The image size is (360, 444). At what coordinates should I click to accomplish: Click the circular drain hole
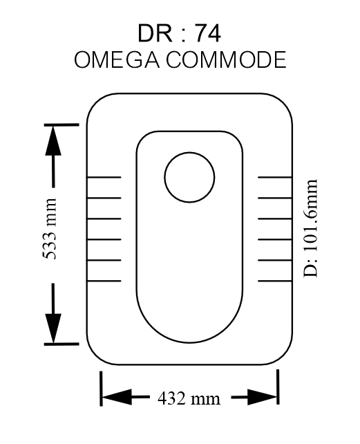tap(189, 153)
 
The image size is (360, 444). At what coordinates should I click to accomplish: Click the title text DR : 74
tap(179, 33)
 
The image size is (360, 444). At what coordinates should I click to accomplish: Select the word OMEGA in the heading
tap(116, 59)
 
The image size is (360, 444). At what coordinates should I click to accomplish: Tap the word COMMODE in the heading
tap(226, 59)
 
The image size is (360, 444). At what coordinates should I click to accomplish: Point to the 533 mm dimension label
tap(50, 229)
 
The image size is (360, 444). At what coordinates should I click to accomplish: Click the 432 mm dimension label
tap(189, 398)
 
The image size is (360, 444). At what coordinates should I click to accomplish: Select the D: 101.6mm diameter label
tap(310, 228)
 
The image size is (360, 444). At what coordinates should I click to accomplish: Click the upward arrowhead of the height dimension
tap(53, 140)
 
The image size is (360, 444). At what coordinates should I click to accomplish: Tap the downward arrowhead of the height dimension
tap(53, 329)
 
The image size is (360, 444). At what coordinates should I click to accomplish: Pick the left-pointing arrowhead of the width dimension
tap(117, 397)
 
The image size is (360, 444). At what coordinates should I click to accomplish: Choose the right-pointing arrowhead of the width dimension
tap(263, 397)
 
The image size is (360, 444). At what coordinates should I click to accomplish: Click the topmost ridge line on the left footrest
tap(104, 177)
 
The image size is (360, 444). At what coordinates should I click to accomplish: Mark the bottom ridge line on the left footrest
tap(104, 281)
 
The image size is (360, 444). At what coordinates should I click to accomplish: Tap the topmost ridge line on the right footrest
tap(275, 177)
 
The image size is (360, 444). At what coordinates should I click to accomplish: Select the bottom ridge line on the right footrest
tap(275, 281)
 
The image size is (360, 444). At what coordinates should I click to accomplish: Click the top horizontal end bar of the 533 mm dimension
tap(61, 124)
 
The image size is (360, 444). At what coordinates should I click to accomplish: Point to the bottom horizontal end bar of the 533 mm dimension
tap(61, 344)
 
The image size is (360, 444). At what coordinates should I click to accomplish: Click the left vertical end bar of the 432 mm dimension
tap(101, 389)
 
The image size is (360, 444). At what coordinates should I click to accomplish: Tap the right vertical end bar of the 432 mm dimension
tap(278, 387)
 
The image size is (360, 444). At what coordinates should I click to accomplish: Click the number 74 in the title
tap(207, 33)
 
